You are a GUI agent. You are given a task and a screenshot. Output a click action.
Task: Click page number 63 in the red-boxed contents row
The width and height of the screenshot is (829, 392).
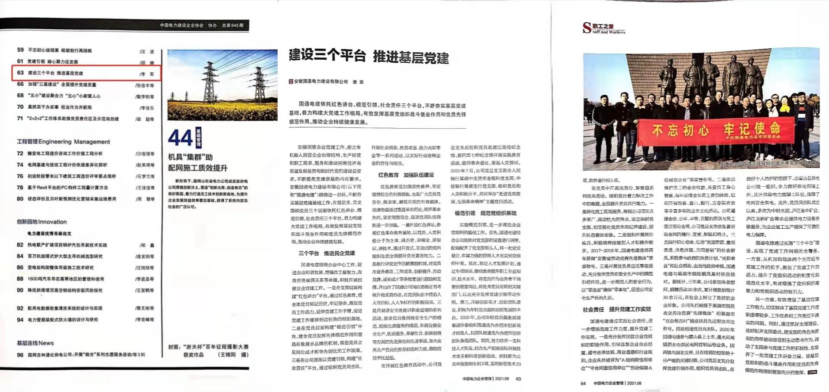pos(20,73)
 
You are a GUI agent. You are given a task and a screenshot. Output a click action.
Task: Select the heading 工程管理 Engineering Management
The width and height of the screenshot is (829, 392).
pos(63,142)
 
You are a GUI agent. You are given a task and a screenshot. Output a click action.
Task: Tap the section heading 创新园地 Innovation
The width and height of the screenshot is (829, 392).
pos(42,222)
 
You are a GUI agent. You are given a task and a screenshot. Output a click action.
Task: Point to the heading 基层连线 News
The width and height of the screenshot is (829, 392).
pos(35,343)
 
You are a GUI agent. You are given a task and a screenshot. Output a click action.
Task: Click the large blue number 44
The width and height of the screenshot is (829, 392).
pos(180,138)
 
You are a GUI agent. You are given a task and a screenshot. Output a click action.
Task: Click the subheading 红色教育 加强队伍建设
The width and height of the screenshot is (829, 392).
pos(406,175)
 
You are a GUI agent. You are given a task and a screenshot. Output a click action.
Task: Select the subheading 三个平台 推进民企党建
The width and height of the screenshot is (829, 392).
pos(326,253)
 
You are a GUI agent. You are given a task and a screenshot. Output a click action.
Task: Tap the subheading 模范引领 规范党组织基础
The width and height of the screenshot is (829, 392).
pos(485,213)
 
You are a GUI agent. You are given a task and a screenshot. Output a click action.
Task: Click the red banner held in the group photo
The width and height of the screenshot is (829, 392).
pos(716,131)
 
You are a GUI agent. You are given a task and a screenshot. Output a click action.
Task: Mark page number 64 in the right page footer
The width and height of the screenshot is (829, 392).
pos(583,383)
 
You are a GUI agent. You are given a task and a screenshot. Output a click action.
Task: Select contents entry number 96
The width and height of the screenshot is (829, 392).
pos(20,354)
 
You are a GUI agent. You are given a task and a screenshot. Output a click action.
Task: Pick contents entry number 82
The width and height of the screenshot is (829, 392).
pos(20,245)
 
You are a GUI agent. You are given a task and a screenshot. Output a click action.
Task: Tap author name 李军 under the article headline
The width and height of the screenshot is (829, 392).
pos(358,82)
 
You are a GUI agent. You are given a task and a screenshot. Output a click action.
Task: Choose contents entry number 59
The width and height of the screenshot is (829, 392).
pos(20,50)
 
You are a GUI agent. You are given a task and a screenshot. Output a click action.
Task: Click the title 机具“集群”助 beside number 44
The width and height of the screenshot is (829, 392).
pos(190,157)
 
